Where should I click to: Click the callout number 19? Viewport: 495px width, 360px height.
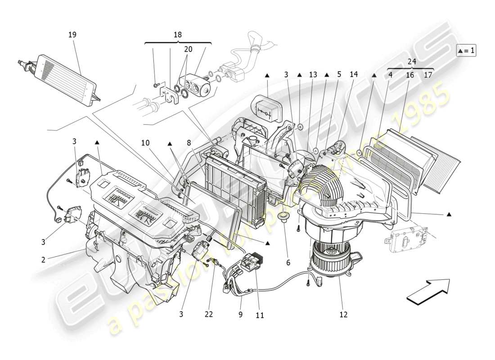72,35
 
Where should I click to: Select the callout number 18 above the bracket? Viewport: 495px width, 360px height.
178,35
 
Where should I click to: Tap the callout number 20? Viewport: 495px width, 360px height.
188,49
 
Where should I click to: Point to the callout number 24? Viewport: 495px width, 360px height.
412,62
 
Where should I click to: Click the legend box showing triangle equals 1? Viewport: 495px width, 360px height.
466,50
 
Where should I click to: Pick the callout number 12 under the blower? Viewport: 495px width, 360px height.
343,315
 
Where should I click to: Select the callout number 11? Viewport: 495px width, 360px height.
260,315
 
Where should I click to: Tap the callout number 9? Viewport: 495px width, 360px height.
240,315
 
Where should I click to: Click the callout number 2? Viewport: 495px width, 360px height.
43,260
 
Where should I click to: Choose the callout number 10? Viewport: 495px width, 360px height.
145,143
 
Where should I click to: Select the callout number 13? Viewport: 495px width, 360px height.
313,75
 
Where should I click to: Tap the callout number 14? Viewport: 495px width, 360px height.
354,75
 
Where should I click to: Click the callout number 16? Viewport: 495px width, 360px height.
410,75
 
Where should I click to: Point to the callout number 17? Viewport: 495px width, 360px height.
428,75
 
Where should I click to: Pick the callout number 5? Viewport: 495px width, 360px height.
338,75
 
